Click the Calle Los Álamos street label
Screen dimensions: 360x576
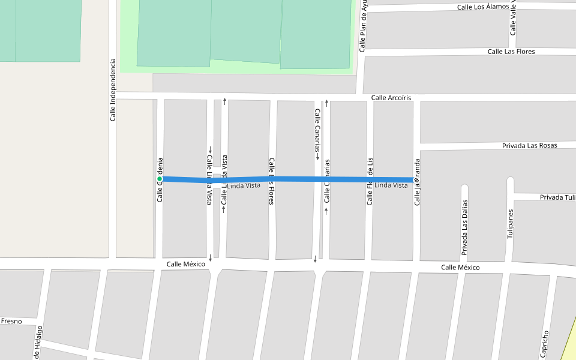click(x=482, y=7)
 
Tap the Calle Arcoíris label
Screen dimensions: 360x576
click(x=391, y=98)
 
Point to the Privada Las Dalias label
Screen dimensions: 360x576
click(x=464, y=227)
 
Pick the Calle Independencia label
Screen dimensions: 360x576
click(x=112, y=90)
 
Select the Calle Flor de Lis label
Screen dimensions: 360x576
click(x=370, y=182)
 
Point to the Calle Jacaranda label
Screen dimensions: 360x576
click(x=417, y=183)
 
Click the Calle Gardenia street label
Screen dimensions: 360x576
click(x=160, y=179)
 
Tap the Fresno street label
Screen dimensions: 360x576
click(x=11, y=322)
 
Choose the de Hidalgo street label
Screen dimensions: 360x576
click(x=38, y=343)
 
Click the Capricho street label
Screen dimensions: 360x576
click(x=545, y=344)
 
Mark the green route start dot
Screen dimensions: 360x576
click(x=160, y=179)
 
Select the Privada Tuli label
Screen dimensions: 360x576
click(x=557, y=197)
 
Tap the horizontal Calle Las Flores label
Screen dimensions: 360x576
click(x=511, y=52)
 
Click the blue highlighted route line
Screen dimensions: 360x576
click(x=300, y=179)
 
